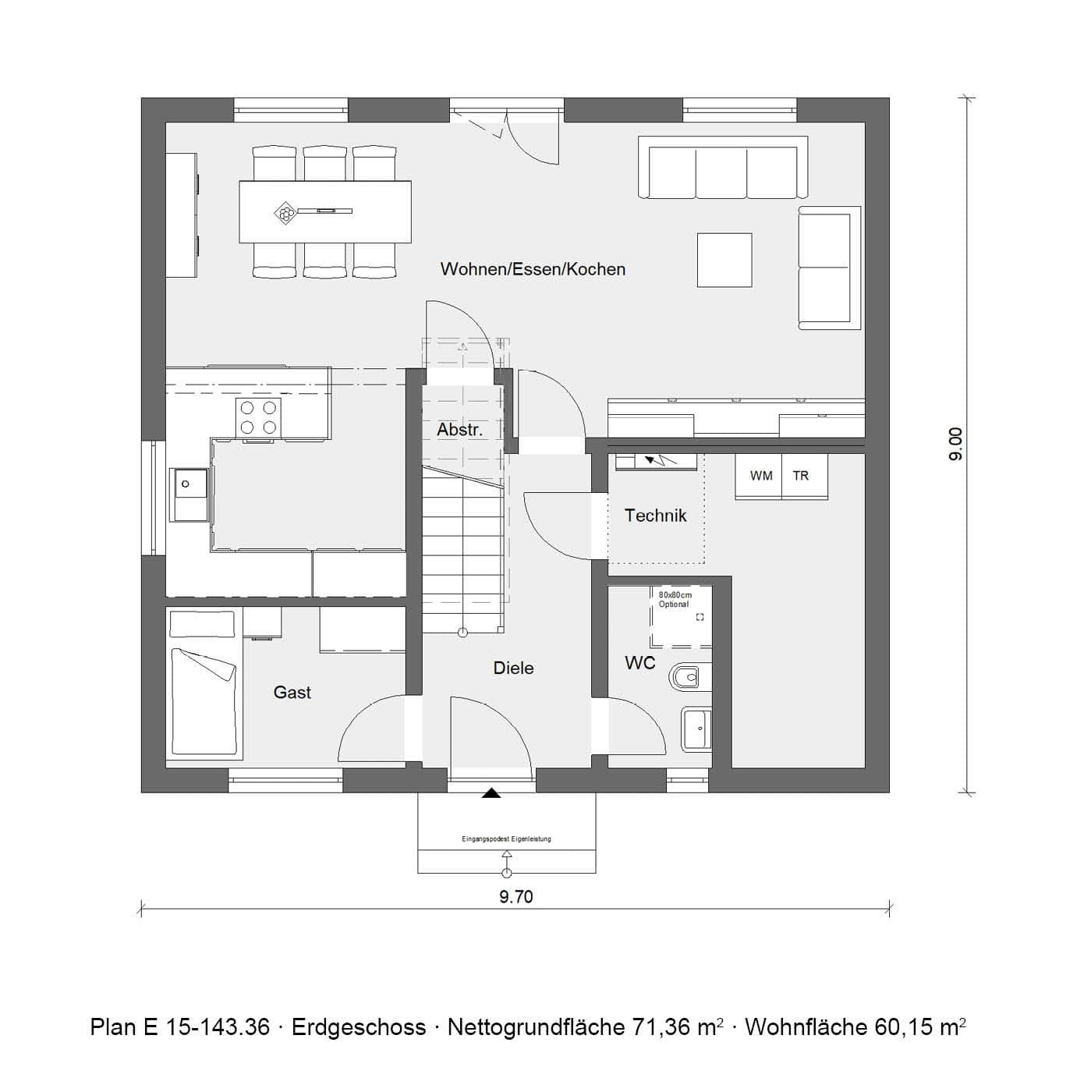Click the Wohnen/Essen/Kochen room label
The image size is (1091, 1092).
coord(533,269)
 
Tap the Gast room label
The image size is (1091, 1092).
coord(292,693)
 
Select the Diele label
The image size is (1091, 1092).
coord(513,668)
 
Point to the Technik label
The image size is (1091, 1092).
coord(655,516)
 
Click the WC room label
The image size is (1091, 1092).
coord(640,663)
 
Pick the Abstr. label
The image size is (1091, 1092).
coord(459,430)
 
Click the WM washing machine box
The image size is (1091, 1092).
coord(760,476)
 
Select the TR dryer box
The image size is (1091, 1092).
coord(801,476)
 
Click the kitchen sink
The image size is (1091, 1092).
coord(190,494)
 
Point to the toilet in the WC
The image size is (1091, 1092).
coord(689,678)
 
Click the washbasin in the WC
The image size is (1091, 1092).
coord(696,729)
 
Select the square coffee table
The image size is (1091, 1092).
coord(724,260)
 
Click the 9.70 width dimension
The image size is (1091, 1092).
coord(515,897)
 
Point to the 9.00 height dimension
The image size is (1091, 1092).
coord(956,444)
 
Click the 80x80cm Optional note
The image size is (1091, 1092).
coord(675,600)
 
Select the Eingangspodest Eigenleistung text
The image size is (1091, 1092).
coord(506,839)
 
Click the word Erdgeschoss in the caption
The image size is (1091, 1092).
coord(359,1027)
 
